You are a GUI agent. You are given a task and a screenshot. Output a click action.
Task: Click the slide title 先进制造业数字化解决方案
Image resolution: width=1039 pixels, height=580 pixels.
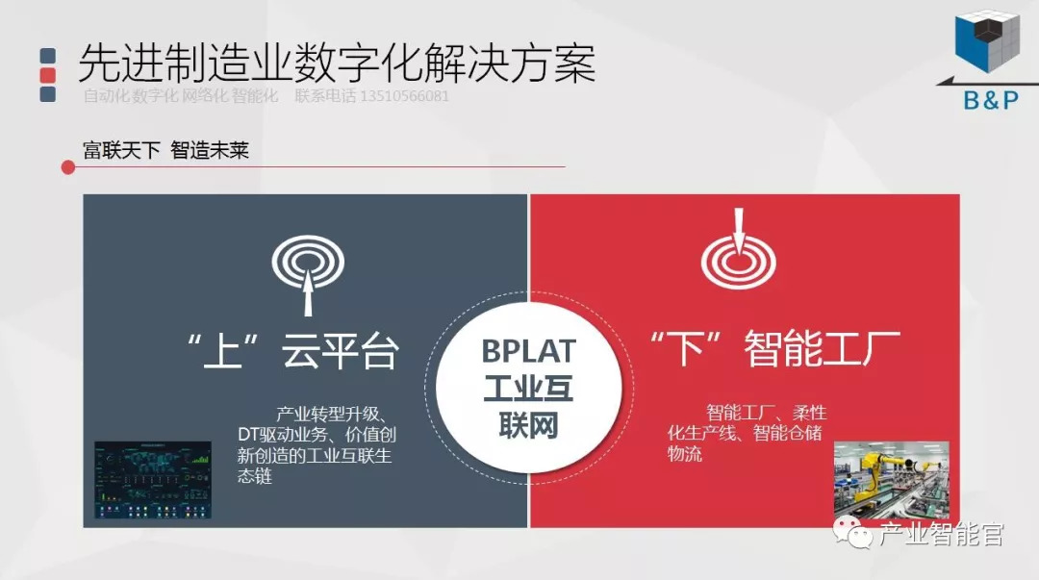click(x=336, y=63)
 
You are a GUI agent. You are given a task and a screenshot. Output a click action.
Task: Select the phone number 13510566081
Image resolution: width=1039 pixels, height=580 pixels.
click(x=404, y=96)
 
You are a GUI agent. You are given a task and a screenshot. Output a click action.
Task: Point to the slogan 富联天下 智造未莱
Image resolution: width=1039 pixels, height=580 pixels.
click(x=165, y=150)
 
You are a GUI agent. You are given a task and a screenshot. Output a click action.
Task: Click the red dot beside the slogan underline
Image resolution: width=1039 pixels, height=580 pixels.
click(x=68, y=167)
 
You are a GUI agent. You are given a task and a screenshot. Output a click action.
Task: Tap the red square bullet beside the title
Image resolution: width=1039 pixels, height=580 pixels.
click(x=47, y=75)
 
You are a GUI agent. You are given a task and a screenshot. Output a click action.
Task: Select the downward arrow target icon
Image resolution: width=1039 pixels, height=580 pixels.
click(x=738, y=248)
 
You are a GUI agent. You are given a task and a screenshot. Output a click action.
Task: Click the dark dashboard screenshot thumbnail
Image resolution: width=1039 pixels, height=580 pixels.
click(x=153, y=478)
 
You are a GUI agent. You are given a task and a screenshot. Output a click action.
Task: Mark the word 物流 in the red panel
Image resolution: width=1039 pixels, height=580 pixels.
click(x=685, y=454)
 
